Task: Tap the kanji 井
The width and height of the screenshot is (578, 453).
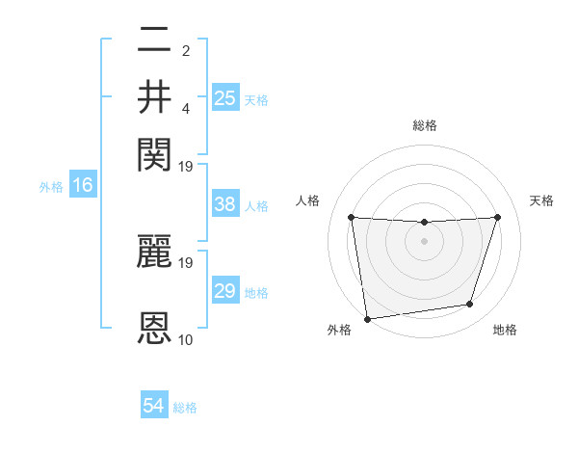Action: tap(154, 96)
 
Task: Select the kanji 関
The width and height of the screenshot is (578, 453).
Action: tap(154, 151)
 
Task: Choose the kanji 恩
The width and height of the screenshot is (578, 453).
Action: tap(154, 328)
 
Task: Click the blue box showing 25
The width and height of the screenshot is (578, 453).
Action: tap(225, 97)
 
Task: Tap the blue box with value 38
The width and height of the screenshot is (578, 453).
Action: tap(225, 204)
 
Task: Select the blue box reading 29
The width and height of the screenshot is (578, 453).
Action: tap(225, 291)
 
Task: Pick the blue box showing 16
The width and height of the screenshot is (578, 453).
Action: tap(83, 185)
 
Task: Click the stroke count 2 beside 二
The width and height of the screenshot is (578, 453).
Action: tap(186, 50)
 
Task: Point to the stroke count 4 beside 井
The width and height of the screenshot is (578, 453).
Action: tap(186, 108)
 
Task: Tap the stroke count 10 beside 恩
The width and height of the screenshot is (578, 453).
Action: tap(186, 339)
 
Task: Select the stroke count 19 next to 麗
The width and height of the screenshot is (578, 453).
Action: tap(187, 261)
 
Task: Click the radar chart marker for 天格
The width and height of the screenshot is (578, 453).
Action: tap(497, 217)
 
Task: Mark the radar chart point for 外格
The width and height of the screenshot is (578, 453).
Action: tap(367, 318)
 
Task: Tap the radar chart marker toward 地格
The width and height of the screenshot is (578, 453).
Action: tap(470, 305)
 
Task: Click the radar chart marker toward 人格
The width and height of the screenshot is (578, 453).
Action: tap(351, 217)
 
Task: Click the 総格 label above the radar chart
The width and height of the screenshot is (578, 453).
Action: tap(424, 125)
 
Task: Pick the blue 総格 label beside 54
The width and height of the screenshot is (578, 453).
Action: tap(185, 408)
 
